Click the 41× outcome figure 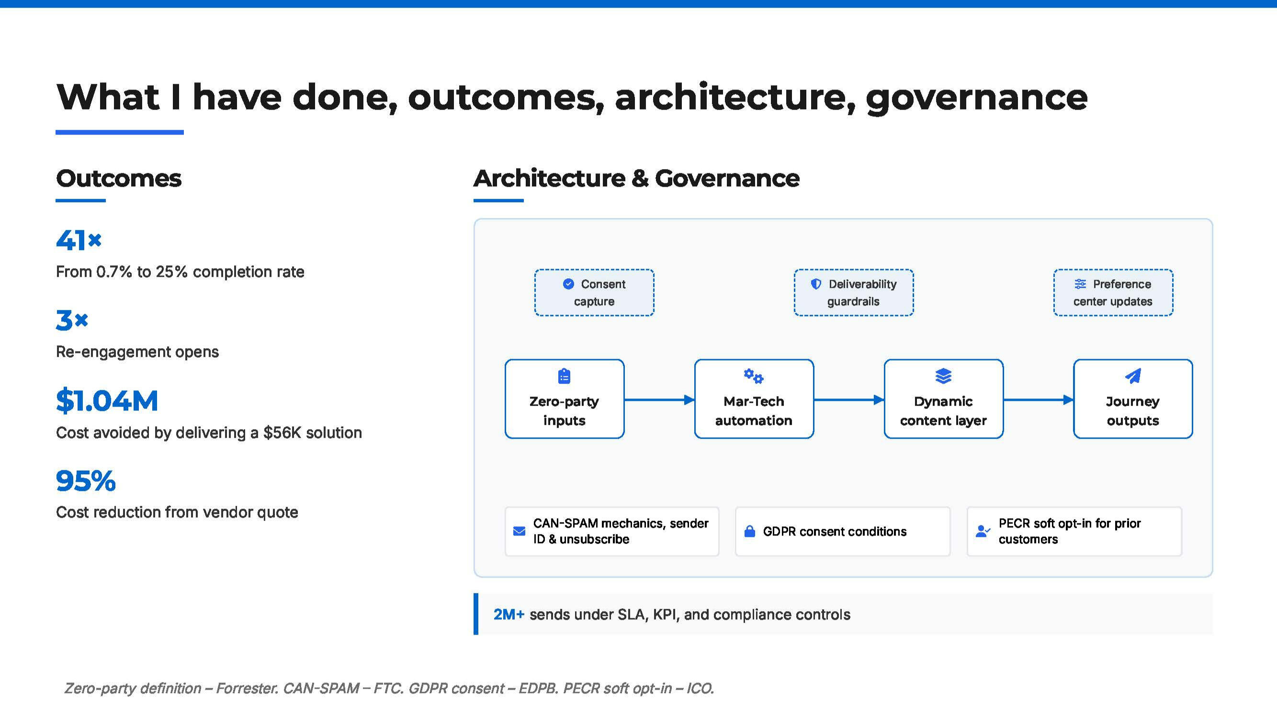(x=79, y=240)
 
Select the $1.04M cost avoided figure (x=107, y=400)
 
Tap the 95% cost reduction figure (x=86, y=481)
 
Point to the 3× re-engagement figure (x=72, y=320)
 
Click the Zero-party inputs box (x=565, y=399)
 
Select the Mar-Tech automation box (x=754, y=399)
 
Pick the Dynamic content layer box (x=944, y=399)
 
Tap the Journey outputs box (x=1133, y=399)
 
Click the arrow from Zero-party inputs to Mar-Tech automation (x=659, y=399)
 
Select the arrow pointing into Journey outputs (x=1039, y=399)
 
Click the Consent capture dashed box (x=594, y=293)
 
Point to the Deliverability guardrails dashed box (x=854, y=293)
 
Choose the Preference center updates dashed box (x=1113, y=293)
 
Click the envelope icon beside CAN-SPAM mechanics (x=519, y=532)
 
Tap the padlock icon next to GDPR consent (x=750, y=532)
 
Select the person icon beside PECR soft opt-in (x=983, y=532)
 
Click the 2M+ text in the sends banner (x=509, y=615)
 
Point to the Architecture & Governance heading (x=636, y=179)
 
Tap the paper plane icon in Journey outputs (x=1133, y=376)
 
